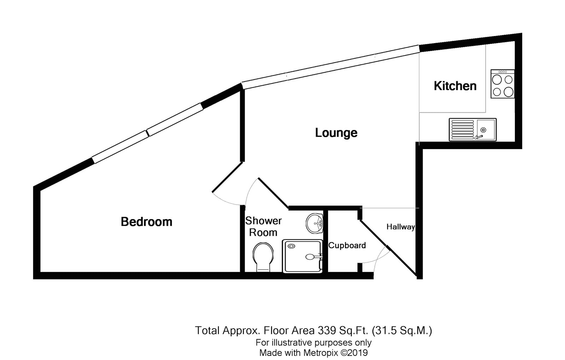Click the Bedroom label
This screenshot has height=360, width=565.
click(x=147, y=222)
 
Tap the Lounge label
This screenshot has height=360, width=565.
click(x=336, y=133)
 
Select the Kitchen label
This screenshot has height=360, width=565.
click(x=455, y=86)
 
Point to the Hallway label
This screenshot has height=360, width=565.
click(x=401, y=227)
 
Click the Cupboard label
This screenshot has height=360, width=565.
click(x=347, y=245)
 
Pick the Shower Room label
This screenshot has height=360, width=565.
click(x=263, y=226)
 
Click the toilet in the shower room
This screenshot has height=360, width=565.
click(x=263, y=257)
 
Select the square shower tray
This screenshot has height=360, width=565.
click(x=302, y=256)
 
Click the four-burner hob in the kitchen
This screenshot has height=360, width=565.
click(x=502, y=84)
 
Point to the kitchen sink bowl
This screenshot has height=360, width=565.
click(x=486, y=130)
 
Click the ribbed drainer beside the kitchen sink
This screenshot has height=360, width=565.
click(x=463, y=130)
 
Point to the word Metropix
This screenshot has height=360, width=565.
click(x=321, y=353)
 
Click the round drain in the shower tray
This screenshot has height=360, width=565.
click(x=291, y=246)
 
